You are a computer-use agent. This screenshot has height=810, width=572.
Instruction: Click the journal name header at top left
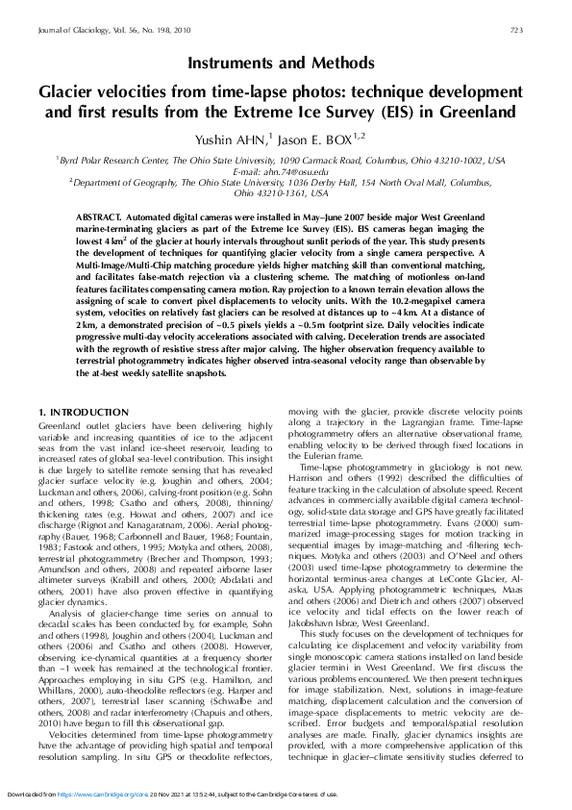coord(113,31)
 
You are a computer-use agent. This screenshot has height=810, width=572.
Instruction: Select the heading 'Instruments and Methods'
coord(285,63)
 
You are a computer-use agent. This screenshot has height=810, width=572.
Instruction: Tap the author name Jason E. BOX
coord(330,139)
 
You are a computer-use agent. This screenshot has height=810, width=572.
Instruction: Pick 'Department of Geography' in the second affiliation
coord(107,181)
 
